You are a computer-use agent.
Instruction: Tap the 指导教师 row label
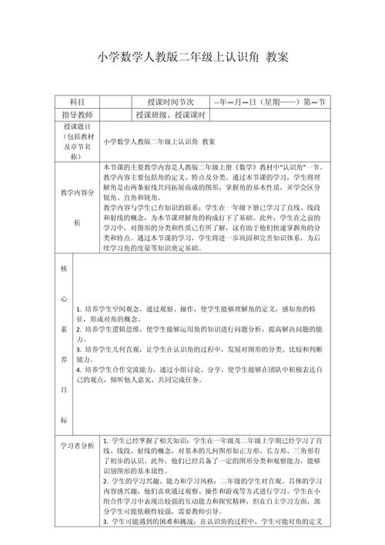click(75, 115)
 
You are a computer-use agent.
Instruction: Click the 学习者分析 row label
click(75, 446)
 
